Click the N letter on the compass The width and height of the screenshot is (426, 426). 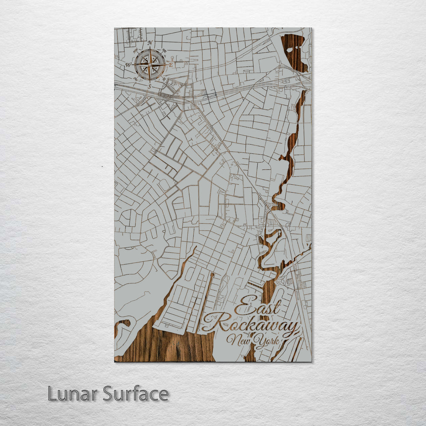pyautogui.click(x=150, y=43)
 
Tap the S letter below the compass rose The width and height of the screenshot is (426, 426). pyautogui.click(x=149, y=86)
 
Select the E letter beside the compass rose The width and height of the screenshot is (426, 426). pyautogui.click(x=171, y=64)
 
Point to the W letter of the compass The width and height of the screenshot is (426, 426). pyautogui.click(x=128, y=65)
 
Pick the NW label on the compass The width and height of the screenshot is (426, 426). pyautogui.click(x=136, y=50)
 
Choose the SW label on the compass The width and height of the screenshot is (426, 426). pyautogui.click(x=136, y=78)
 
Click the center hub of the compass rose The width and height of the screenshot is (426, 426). pyautogui.click(x=150, y=64)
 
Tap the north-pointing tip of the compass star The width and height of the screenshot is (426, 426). pyautogui.click(x=150, y=49)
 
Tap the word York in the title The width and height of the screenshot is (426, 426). pyautogui.click(x=267, y=340)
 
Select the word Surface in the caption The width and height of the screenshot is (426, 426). pyautogui.click(x=136, y=394)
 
